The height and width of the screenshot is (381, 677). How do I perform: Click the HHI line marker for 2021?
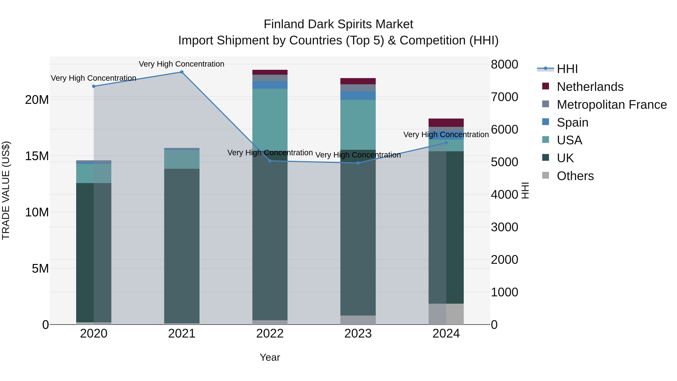182,72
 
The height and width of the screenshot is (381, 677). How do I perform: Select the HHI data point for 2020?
94,86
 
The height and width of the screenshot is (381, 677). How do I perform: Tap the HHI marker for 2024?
446,143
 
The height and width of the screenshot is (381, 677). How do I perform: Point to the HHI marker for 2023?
358,163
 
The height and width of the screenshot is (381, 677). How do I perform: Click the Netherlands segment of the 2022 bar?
270,72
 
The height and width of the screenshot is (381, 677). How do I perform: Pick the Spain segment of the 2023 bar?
358,95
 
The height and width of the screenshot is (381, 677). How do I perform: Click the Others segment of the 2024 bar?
446,314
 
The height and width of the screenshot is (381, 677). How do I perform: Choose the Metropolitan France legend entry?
612,105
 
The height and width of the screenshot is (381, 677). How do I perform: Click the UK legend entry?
565,158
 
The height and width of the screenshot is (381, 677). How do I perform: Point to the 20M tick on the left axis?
37,100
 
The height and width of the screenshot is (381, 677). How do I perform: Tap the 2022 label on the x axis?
270,334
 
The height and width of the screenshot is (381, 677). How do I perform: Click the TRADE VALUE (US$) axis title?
6,190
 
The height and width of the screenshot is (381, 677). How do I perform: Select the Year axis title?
270,357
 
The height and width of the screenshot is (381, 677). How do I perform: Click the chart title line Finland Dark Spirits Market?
338,24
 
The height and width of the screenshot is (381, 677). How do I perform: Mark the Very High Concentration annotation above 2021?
182,64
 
